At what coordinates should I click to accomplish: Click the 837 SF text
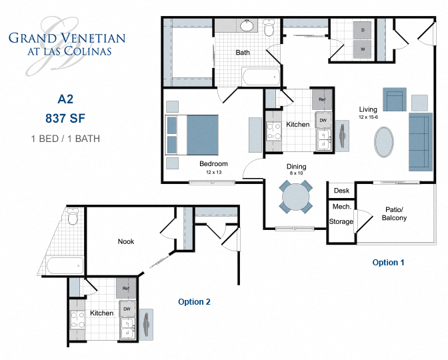coord(65,119)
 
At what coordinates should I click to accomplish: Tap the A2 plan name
coord(65,100)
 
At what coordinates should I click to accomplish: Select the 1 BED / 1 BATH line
coord(65,139)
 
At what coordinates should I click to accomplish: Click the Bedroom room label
coord(213,164)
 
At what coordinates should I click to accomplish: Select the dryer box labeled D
coord(363,31)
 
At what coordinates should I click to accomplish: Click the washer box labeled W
coord(363,49)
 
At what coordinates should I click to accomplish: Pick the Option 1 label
coord(388,263)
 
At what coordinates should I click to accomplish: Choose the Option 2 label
coord(194,302)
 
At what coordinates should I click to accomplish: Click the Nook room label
coord(125,241)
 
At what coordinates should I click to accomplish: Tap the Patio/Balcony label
coord(395,213)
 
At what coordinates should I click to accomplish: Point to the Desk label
coord(341,191)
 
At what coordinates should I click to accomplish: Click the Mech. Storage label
coord(341,214)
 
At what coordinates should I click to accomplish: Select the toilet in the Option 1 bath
coord(269,29)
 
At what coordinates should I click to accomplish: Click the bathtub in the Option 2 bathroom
coord(65,265)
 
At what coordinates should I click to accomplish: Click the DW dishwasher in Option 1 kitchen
coord(323,120)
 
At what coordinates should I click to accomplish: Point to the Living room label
coord(368,110)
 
